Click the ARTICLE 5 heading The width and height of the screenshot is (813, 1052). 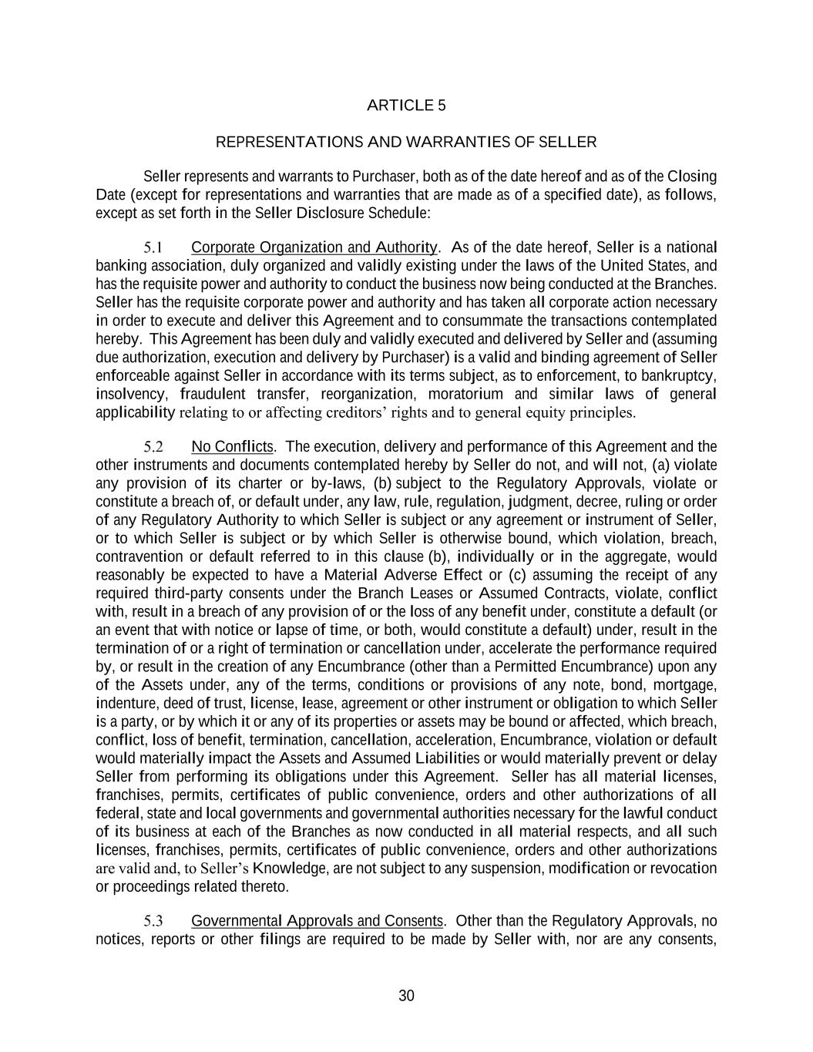(x=406, y=106)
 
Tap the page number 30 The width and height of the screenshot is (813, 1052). (x=406, y=996)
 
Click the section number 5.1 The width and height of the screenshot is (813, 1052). (x=153, y=247)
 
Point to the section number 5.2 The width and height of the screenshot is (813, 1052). (x=153, y=447)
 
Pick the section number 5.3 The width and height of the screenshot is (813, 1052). (x=153, y=921)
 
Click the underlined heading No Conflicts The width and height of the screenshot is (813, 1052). (x=233, y=447)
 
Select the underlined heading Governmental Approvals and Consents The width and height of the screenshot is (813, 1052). (x=317, y=921)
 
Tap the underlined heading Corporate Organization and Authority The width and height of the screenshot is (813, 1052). (x=314, y=247)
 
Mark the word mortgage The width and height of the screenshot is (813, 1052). (x=685, y=685)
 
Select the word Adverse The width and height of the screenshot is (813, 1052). (x=409, y=575)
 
